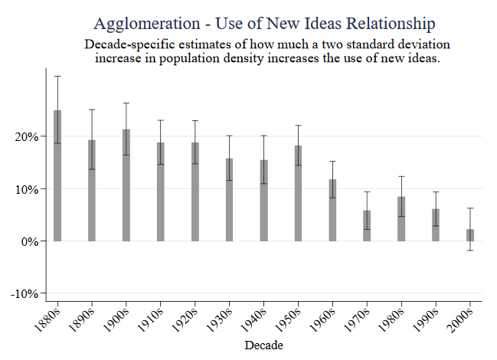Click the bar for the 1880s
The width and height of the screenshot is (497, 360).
[x=57, y=176]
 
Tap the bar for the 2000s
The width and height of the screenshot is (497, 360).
[x=470, y=235]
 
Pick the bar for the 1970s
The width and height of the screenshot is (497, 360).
[x=367, y=226]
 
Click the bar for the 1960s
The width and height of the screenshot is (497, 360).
[x=332, y=210]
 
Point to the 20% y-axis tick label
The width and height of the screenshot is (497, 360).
[x=26, y=137]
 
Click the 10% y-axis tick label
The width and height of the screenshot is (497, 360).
[x=26, y=189]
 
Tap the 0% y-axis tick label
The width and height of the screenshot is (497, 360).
[x=29, y=241]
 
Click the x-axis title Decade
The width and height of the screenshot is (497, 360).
[x=264, y=345]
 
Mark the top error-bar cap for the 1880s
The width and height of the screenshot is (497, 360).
[x=57, y=76]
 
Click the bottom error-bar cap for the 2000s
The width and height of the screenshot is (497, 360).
[x=470, y=250]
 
